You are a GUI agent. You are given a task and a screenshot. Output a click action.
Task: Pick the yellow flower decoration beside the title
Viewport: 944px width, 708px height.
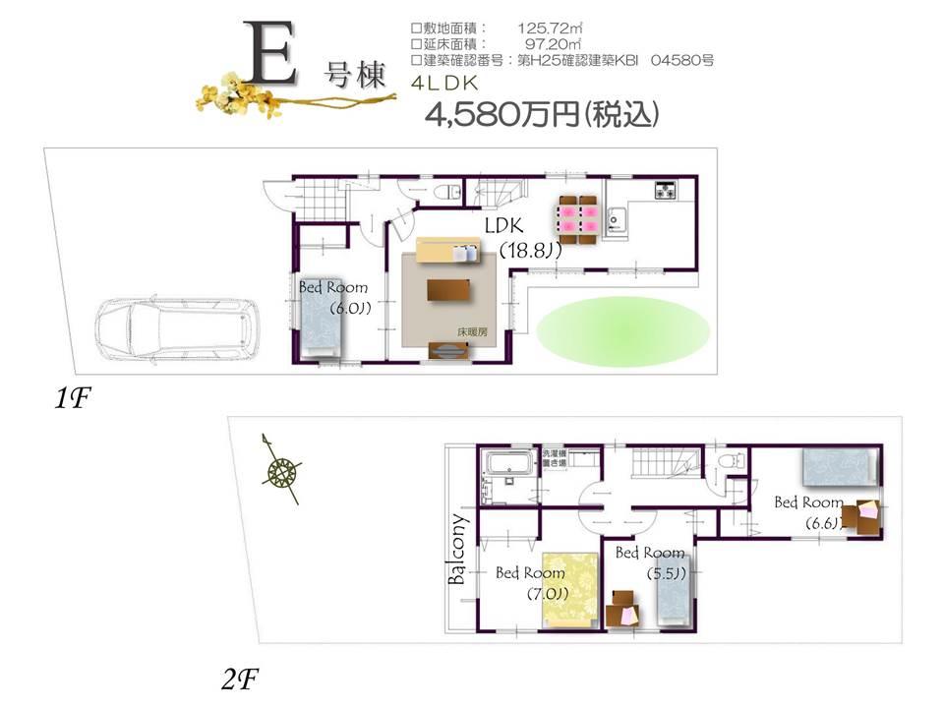click(x=236, y=93)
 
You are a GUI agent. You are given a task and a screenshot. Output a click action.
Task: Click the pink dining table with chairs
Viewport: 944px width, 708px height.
click(x=576, y=217)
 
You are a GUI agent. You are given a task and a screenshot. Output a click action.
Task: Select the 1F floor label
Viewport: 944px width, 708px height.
click(x=74, y=398)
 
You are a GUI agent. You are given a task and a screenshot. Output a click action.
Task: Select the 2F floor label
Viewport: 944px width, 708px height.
click(x=241, y=678)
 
